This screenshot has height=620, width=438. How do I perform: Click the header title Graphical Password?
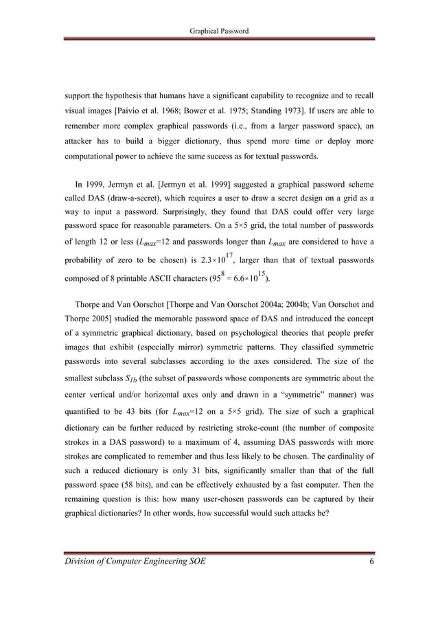click(x=219, y=31)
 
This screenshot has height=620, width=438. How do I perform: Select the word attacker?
click(x=82, y=143)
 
